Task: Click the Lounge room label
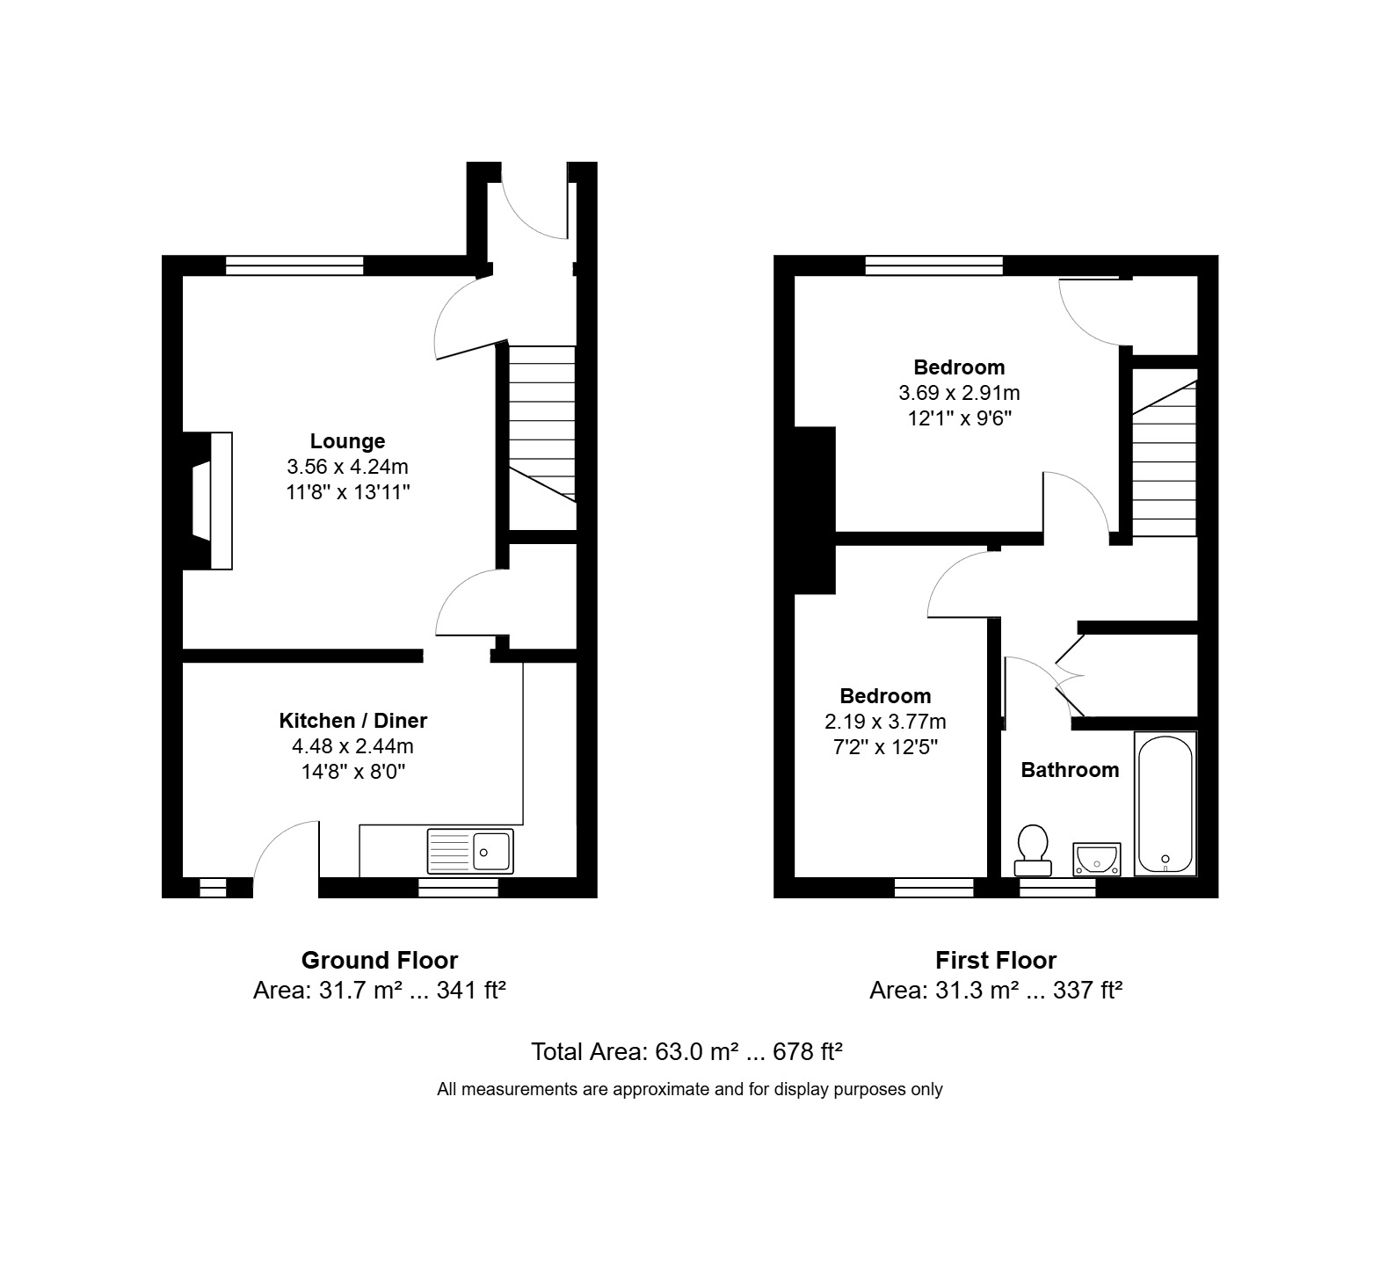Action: tap(347, 441)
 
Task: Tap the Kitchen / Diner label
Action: tap(352, 721)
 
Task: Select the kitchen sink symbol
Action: tap(470, 850)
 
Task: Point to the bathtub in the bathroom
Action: tap(1165, 803)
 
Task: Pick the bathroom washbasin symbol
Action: tap(1096, 859)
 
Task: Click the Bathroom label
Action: tap(1070, 770)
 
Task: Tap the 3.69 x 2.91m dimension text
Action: tap(959, 393)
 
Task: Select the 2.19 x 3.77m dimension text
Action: tap(885, 722)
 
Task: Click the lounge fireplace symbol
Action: tap(208, 501)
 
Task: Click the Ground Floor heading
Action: tap(380, 960)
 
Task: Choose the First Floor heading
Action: tap(996, 960)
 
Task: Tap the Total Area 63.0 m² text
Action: tap(687, 1051)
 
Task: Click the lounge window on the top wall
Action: tap(294, 265)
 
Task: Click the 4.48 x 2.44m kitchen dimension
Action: tap(352, 746)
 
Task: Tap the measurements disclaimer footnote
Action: tap(690, 1089)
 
